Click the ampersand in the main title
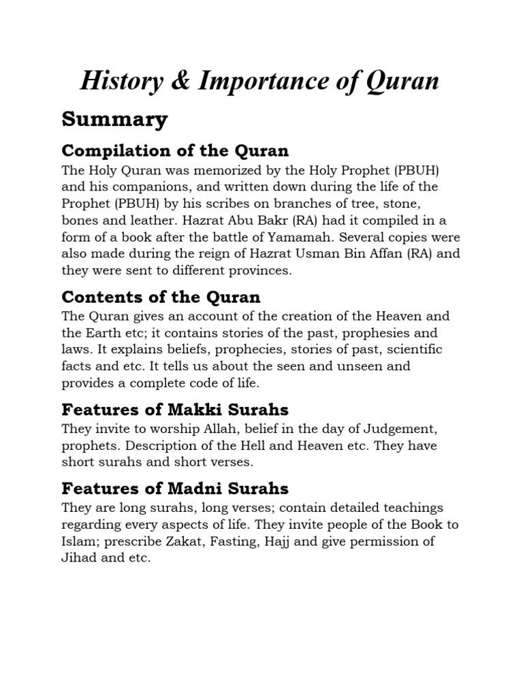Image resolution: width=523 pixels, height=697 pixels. (180, 82)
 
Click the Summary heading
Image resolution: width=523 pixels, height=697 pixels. (114, 120)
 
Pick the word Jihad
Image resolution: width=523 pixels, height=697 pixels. (78, 558)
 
